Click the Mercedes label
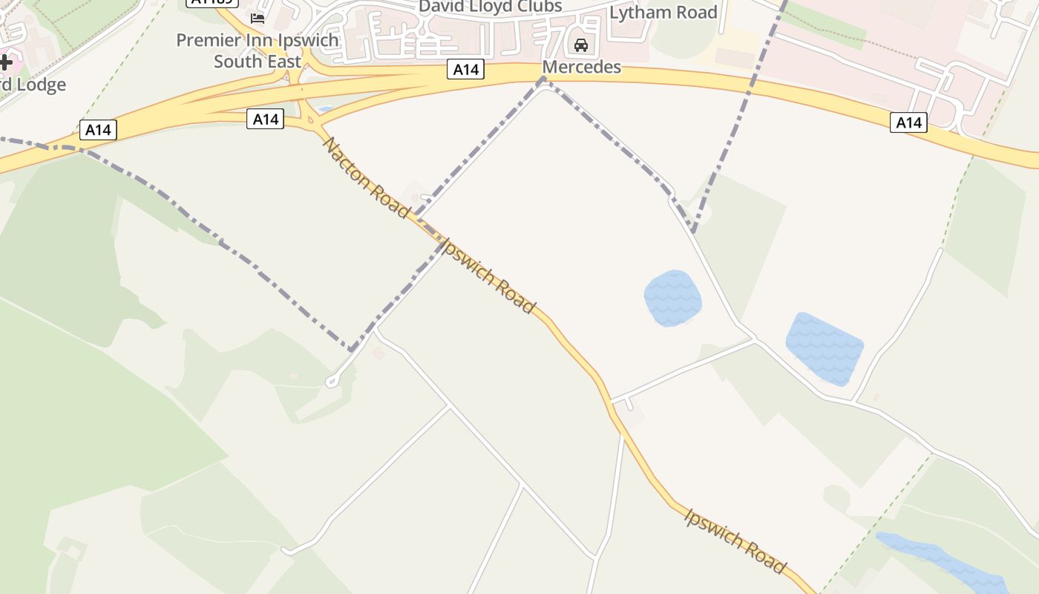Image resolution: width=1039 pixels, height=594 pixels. tap(581, 67)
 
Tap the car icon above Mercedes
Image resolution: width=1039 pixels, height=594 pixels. tap(581, 46)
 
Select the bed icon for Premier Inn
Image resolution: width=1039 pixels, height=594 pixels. tap(258, 18)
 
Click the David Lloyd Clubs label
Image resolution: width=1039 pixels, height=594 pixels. tap(491, 7)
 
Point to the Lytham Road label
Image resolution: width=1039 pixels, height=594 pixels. tap(663, 13)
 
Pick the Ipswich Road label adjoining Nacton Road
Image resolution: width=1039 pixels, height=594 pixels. tap(487, 275)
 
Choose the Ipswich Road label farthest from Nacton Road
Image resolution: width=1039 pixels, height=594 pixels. tap(734, 541)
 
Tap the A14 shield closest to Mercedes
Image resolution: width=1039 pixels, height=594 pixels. tap(465, 70)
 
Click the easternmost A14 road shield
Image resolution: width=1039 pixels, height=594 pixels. tap(908, 123)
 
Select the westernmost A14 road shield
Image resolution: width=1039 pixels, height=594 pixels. tap(98, 130)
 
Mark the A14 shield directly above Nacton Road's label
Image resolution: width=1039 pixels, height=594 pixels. tap(265, 119)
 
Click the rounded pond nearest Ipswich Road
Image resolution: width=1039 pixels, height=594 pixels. tap(672, 298)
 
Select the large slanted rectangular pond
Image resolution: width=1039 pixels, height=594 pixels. tap(824, 348)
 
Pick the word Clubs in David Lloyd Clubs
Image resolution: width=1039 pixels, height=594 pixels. tap(537, 7)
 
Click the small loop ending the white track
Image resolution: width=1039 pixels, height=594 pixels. tap(332, 382)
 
